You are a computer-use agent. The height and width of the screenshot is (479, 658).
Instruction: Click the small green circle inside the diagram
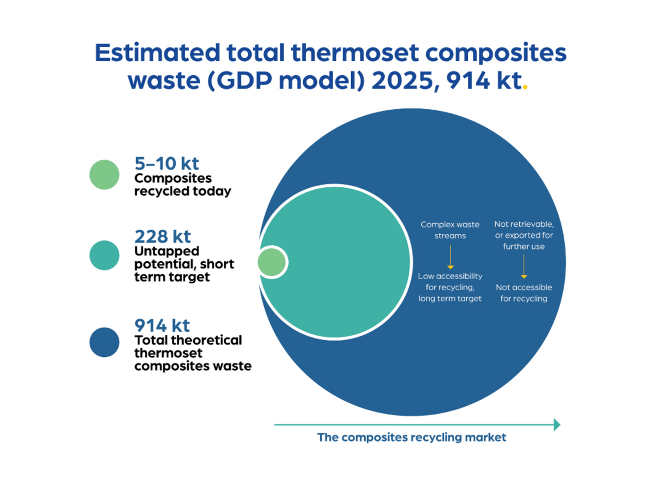tap(272, 262)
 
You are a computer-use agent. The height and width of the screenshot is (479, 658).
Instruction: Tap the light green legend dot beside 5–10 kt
tap(104, 175)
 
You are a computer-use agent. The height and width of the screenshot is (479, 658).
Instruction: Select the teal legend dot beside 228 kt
tap(104, 255)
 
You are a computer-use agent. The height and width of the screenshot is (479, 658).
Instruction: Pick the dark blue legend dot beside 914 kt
tap(104, 343)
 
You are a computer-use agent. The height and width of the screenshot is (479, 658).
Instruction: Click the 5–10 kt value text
tap(167, 164)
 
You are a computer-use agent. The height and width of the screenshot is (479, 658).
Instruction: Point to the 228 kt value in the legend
tap(163, 236)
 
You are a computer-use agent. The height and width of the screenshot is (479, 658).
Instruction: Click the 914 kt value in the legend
tap(162, 326)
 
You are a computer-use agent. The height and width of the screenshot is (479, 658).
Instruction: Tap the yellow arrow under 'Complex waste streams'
tap(450, 257)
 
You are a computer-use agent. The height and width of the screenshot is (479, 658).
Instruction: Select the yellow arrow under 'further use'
tap(524, 267)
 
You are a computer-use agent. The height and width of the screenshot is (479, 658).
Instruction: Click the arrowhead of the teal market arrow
tap(557, 425)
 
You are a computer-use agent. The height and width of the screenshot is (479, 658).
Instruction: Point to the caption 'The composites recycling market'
tap(412, 438)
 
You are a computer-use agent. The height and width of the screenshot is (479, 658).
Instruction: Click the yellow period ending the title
tap(525, 87)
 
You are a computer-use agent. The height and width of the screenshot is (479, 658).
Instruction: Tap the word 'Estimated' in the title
tap(157, 53)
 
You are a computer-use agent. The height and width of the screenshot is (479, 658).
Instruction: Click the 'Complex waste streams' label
tap(450, 230)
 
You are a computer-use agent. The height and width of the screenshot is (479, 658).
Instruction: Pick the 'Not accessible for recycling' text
tap(524, 293)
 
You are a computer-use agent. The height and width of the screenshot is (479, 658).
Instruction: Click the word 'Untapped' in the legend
tap(167, 252)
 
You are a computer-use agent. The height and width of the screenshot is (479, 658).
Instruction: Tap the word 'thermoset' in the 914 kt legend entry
tap(168, 353)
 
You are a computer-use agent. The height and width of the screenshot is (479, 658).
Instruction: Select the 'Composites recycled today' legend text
tap(183, 185)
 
